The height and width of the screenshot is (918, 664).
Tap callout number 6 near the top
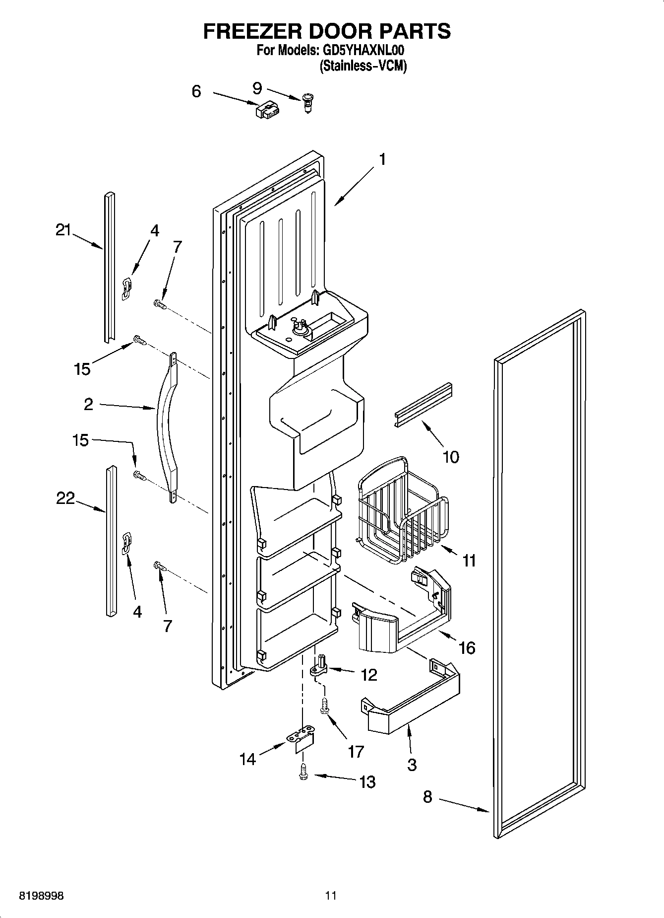point(196,91)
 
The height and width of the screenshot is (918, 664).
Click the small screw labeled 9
point(308,103)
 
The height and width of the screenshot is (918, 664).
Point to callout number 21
point(63,230)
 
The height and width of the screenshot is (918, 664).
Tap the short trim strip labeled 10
point(424,405)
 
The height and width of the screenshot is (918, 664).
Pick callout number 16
point(467,647)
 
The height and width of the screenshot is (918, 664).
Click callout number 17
point(356,752)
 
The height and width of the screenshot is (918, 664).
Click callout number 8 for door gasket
point(427,797)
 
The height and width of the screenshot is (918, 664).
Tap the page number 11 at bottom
point(331,896)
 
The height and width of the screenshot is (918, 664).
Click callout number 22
point(65,497)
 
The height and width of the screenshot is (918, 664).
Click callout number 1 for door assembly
point(382,159)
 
